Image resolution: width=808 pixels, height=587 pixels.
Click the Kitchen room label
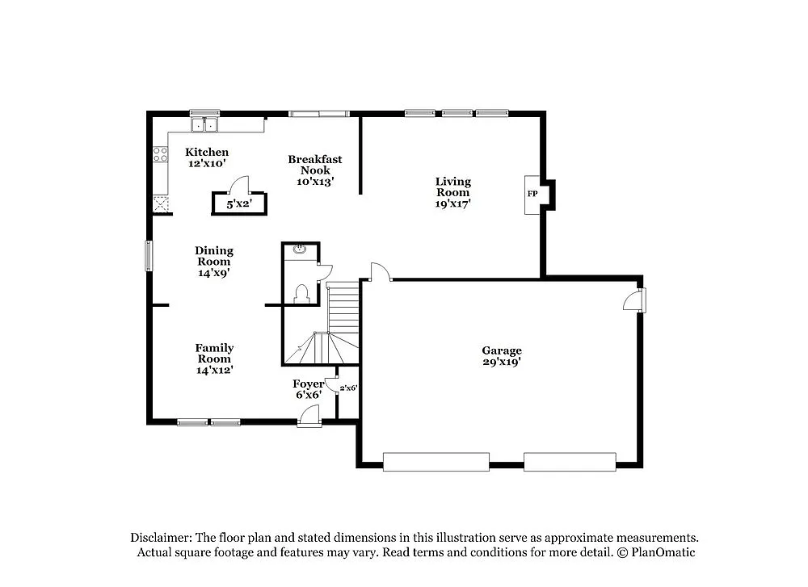point(207,152)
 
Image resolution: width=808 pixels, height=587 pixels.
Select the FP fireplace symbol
point(532,195)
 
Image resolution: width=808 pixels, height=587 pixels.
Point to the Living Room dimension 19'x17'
point(452,203)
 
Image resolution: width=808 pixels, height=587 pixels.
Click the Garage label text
point(502,350)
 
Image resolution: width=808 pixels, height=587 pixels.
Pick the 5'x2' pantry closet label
point(238,204)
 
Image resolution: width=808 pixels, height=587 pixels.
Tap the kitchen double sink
point(205,125)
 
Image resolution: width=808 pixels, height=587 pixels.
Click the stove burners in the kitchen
point(160,153)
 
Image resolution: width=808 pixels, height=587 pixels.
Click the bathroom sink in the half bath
point(301,249)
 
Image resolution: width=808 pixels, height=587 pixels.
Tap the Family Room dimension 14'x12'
point(214,370)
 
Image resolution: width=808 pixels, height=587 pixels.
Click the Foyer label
point(308,384)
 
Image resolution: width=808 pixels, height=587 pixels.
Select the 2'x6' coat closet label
point(348,388)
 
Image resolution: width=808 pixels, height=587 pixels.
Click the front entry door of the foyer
point(308,417)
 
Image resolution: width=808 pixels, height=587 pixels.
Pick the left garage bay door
point(436,462)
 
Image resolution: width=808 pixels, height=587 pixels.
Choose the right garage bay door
point(570,462)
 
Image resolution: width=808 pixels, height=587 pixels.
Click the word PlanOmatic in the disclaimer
point(664,552)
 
